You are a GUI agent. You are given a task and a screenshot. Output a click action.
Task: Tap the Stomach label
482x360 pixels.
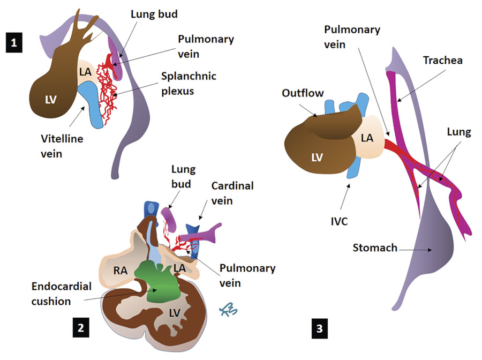click(x=374, y=247)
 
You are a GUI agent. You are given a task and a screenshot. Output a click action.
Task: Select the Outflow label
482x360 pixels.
click(x=302, y=93)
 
